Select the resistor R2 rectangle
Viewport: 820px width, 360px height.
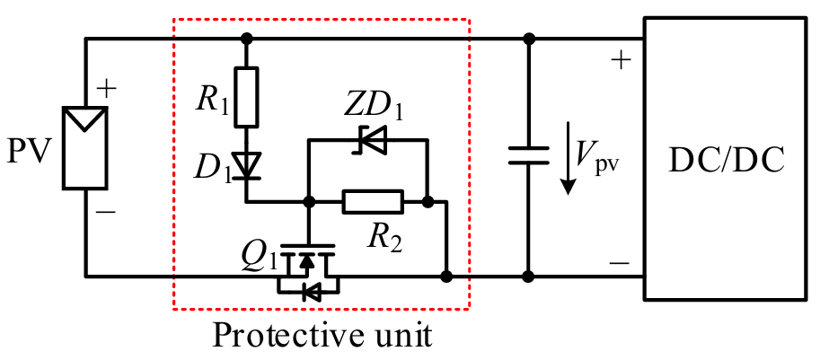373,202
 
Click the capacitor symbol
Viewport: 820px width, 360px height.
528,154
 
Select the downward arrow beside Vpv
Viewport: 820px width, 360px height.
567,162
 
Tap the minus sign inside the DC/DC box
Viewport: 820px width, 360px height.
619,263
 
